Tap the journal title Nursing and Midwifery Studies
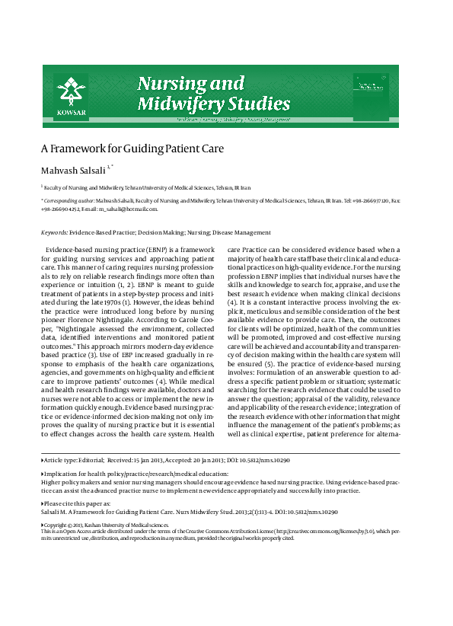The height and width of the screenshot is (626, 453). tap(212, 93)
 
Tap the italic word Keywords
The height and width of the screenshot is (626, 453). tap(54, 232)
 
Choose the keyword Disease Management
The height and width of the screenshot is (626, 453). tap(241, 232)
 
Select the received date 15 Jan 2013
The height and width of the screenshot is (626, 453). tap(145, 461)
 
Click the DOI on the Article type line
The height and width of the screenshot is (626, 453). tap(264, 461)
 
